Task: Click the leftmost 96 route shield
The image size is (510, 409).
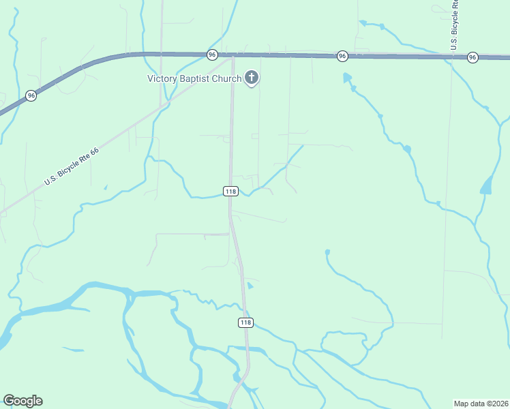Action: coord(31,96)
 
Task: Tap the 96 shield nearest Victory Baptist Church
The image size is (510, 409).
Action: coord(212,55)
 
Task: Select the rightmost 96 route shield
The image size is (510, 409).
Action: coord(472,58)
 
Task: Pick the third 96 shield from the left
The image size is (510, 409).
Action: coord(342,56)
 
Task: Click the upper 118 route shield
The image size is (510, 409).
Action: coord(230,192)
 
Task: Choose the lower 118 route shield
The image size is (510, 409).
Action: coord(246,322)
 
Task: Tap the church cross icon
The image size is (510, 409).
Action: coord(252,78)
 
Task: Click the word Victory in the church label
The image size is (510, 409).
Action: coord(162,78)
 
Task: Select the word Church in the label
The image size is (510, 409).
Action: coord(228,78)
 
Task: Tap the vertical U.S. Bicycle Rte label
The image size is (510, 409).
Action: coord(454,24)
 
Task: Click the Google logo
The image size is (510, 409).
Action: coord(22,400)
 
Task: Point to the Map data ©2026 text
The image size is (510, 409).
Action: coord(481,404)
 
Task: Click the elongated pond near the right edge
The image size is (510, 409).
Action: coord(486,185)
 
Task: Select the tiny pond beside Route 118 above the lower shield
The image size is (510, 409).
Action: coord(250,286)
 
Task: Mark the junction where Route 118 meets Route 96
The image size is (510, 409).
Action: coord(232,55)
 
